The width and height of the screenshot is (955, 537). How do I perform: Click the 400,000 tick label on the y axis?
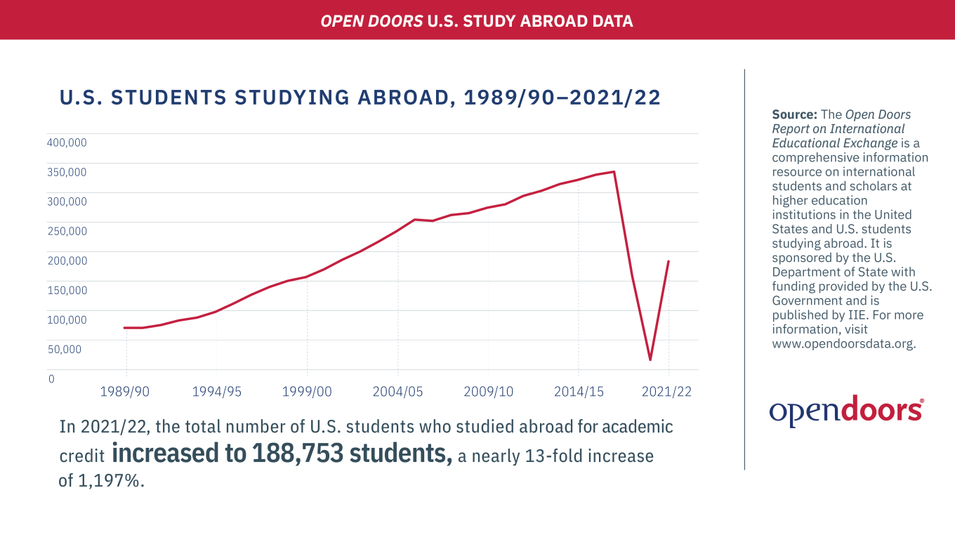coord(67,142)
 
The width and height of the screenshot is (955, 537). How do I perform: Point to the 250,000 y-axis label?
coord(67,231)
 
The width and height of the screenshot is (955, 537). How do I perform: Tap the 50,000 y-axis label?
coord(65,349)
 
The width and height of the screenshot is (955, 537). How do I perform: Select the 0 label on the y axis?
coord(51,379)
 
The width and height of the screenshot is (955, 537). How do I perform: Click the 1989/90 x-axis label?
coord(125,392)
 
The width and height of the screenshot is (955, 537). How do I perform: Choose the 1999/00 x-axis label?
coord(307,392)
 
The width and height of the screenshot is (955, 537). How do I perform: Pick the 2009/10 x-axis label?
coord(488,392)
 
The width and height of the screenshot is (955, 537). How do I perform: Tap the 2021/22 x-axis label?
coord(666,392)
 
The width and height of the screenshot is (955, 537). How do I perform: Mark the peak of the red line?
coord(614,171)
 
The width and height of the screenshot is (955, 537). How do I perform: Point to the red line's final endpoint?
coord(668,261)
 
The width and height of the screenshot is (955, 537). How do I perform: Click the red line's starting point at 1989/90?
coord(125,328)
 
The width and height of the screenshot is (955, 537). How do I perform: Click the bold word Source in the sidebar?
coord(795,114)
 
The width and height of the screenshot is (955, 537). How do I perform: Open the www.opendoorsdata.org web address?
coord(843,344)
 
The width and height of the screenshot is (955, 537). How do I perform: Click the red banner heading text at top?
coord(477,21)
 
